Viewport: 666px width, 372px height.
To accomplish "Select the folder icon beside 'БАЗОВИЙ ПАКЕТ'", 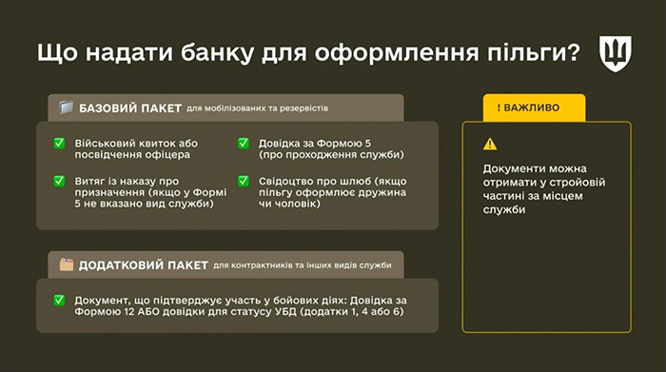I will pos(66,107).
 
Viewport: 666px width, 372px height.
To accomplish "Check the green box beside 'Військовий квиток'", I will pos(60,144).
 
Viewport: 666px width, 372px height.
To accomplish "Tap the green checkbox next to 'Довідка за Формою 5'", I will pos(243,144).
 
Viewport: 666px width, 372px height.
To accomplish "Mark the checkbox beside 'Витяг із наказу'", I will pos(60,180).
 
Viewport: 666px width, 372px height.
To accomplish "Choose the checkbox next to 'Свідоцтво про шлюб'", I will pos(243,180).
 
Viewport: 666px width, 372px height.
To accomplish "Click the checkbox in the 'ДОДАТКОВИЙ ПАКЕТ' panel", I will pos(60,301).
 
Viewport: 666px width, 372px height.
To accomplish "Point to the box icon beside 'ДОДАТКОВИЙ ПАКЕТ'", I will pos(66,264).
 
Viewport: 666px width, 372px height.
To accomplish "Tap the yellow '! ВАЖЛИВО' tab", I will pos(528,108).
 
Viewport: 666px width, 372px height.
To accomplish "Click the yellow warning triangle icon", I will pos(489,144).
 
